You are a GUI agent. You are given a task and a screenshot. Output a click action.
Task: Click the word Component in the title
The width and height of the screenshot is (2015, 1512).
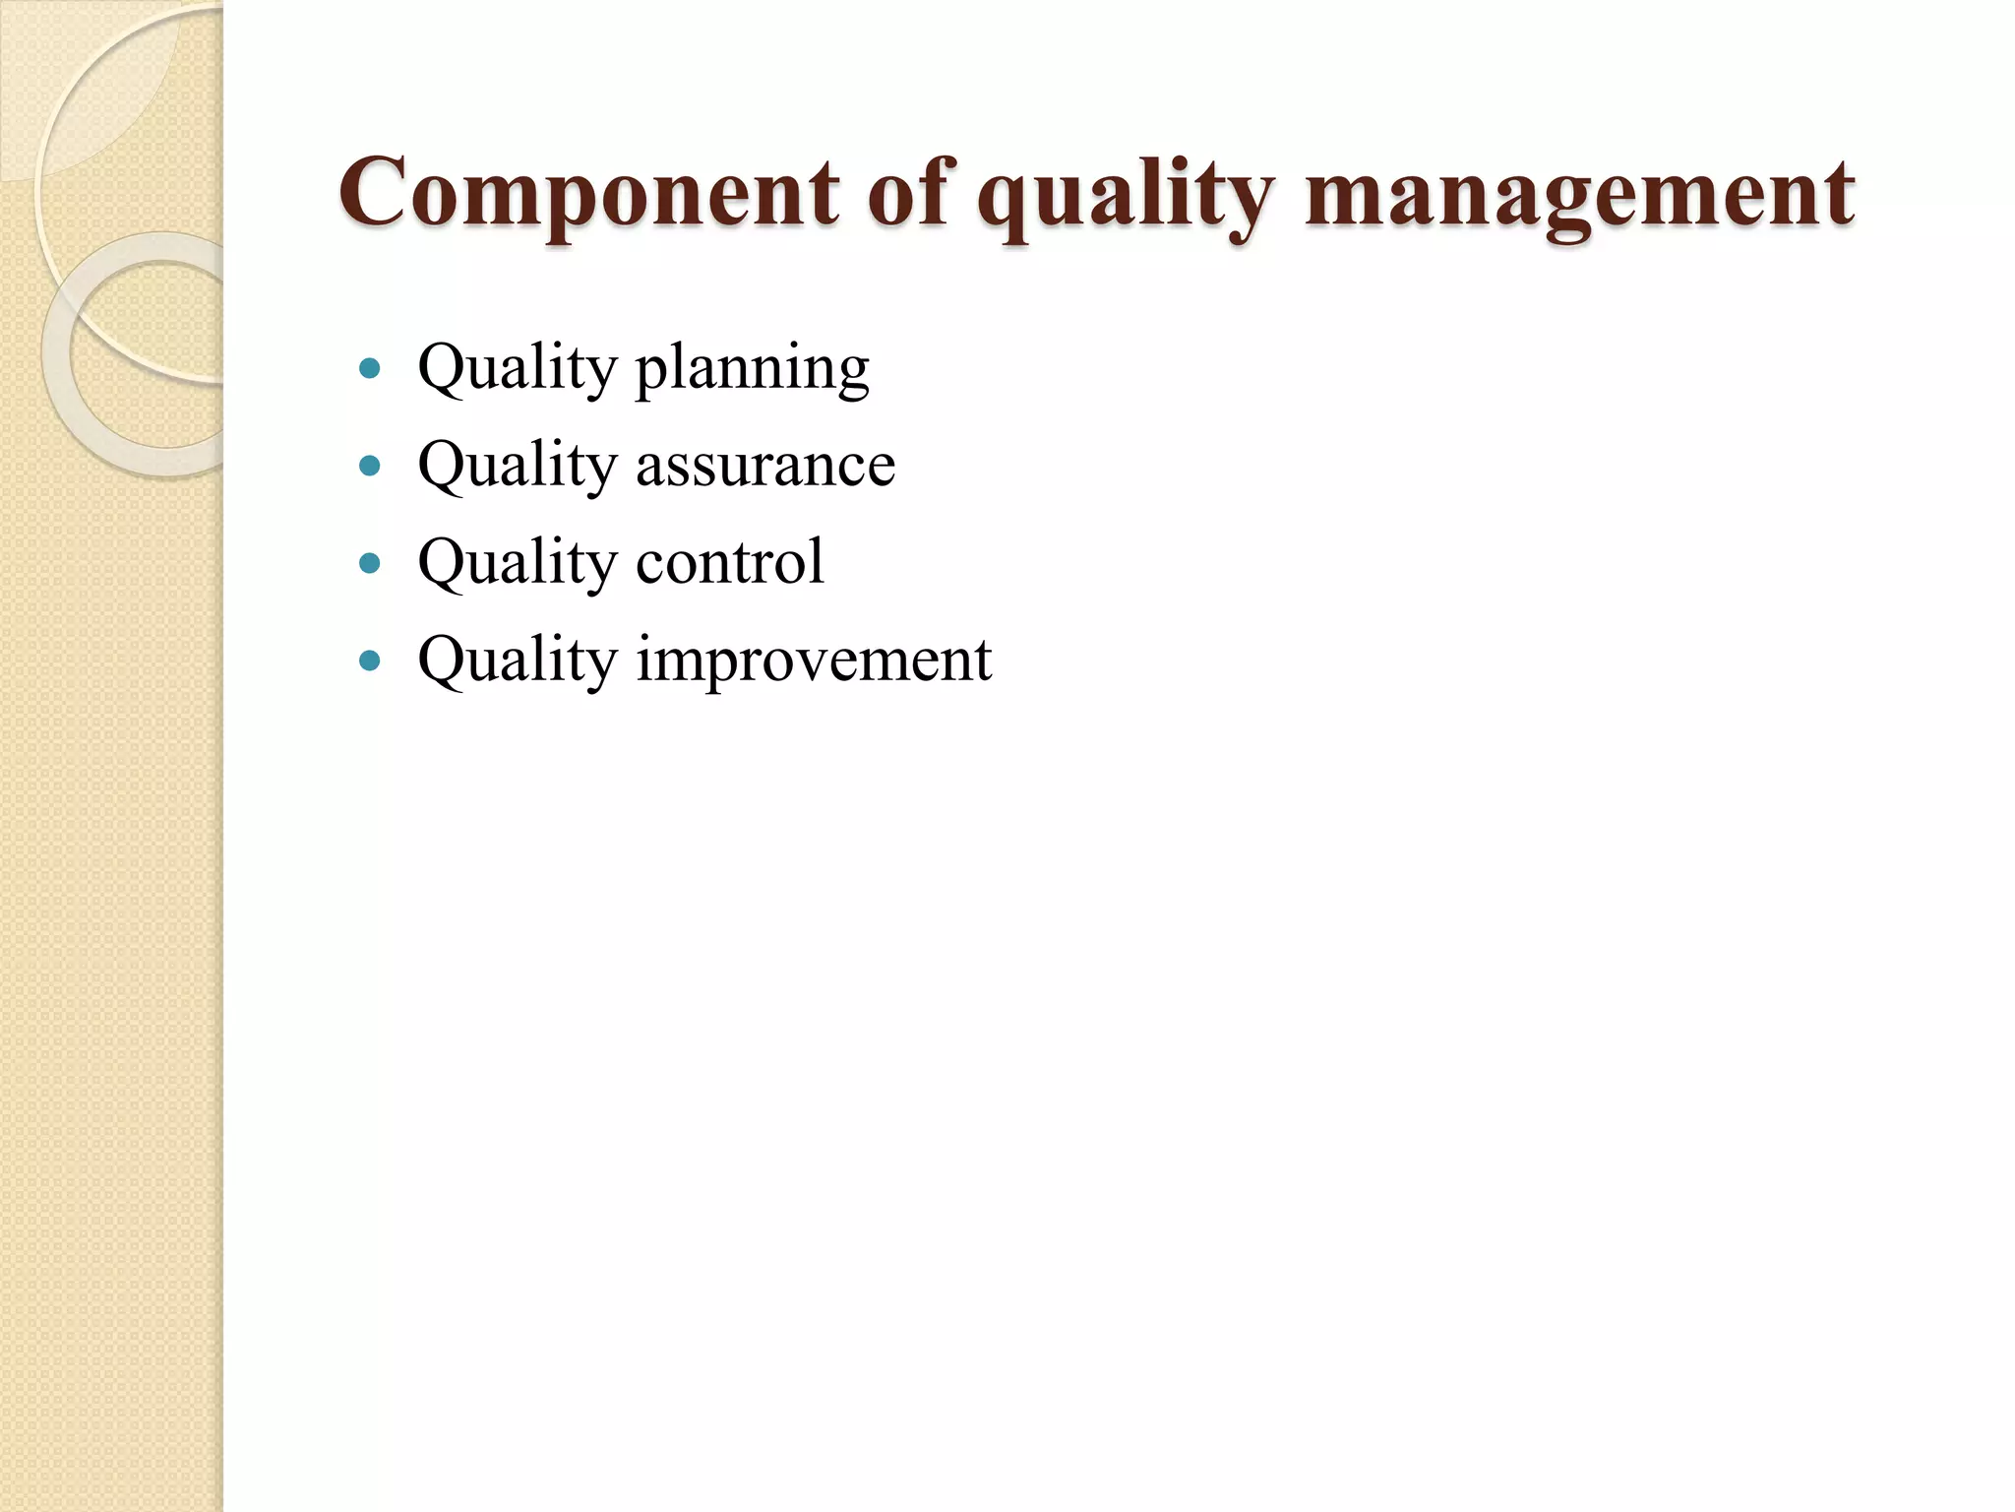588,194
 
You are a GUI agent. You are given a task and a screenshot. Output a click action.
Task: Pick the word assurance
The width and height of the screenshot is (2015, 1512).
764,466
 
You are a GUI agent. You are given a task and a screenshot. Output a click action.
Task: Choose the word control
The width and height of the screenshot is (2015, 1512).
729,562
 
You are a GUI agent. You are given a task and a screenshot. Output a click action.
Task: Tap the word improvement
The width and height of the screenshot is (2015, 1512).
813,661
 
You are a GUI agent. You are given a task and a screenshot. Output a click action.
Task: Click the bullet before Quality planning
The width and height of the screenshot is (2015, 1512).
370,369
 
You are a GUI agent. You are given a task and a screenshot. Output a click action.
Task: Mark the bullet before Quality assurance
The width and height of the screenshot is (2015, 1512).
370,466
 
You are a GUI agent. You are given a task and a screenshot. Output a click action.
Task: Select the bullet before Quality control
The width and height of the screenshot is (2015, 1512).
370,563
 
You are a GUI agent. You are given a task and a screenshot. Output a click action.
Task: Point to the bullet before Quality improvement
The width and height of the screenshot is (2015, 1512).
370,660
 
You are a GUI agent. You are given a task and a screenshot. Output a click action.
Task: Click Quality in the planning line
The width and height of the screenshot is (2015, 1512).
517,370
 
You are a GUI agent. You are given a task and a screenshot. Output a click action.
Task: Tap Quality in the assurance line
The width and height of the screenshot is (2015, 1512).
517,467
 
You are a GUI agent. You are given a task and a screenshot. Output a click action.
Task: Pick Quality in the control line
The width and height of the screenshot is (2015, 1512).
517,563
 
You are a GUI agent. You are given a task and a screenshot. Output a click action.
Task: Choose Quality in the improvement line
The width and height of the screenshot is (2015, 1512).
517,661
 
